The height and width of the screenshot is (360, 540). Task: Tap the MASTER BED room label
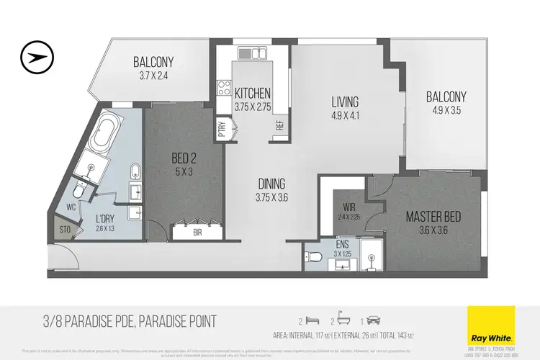432,217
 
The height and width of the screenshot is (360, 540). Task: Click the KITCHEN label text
252,94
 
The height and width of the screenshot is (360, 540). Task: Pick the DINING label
271,183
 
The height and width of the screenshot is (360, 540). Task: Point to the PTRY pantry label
222,128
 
